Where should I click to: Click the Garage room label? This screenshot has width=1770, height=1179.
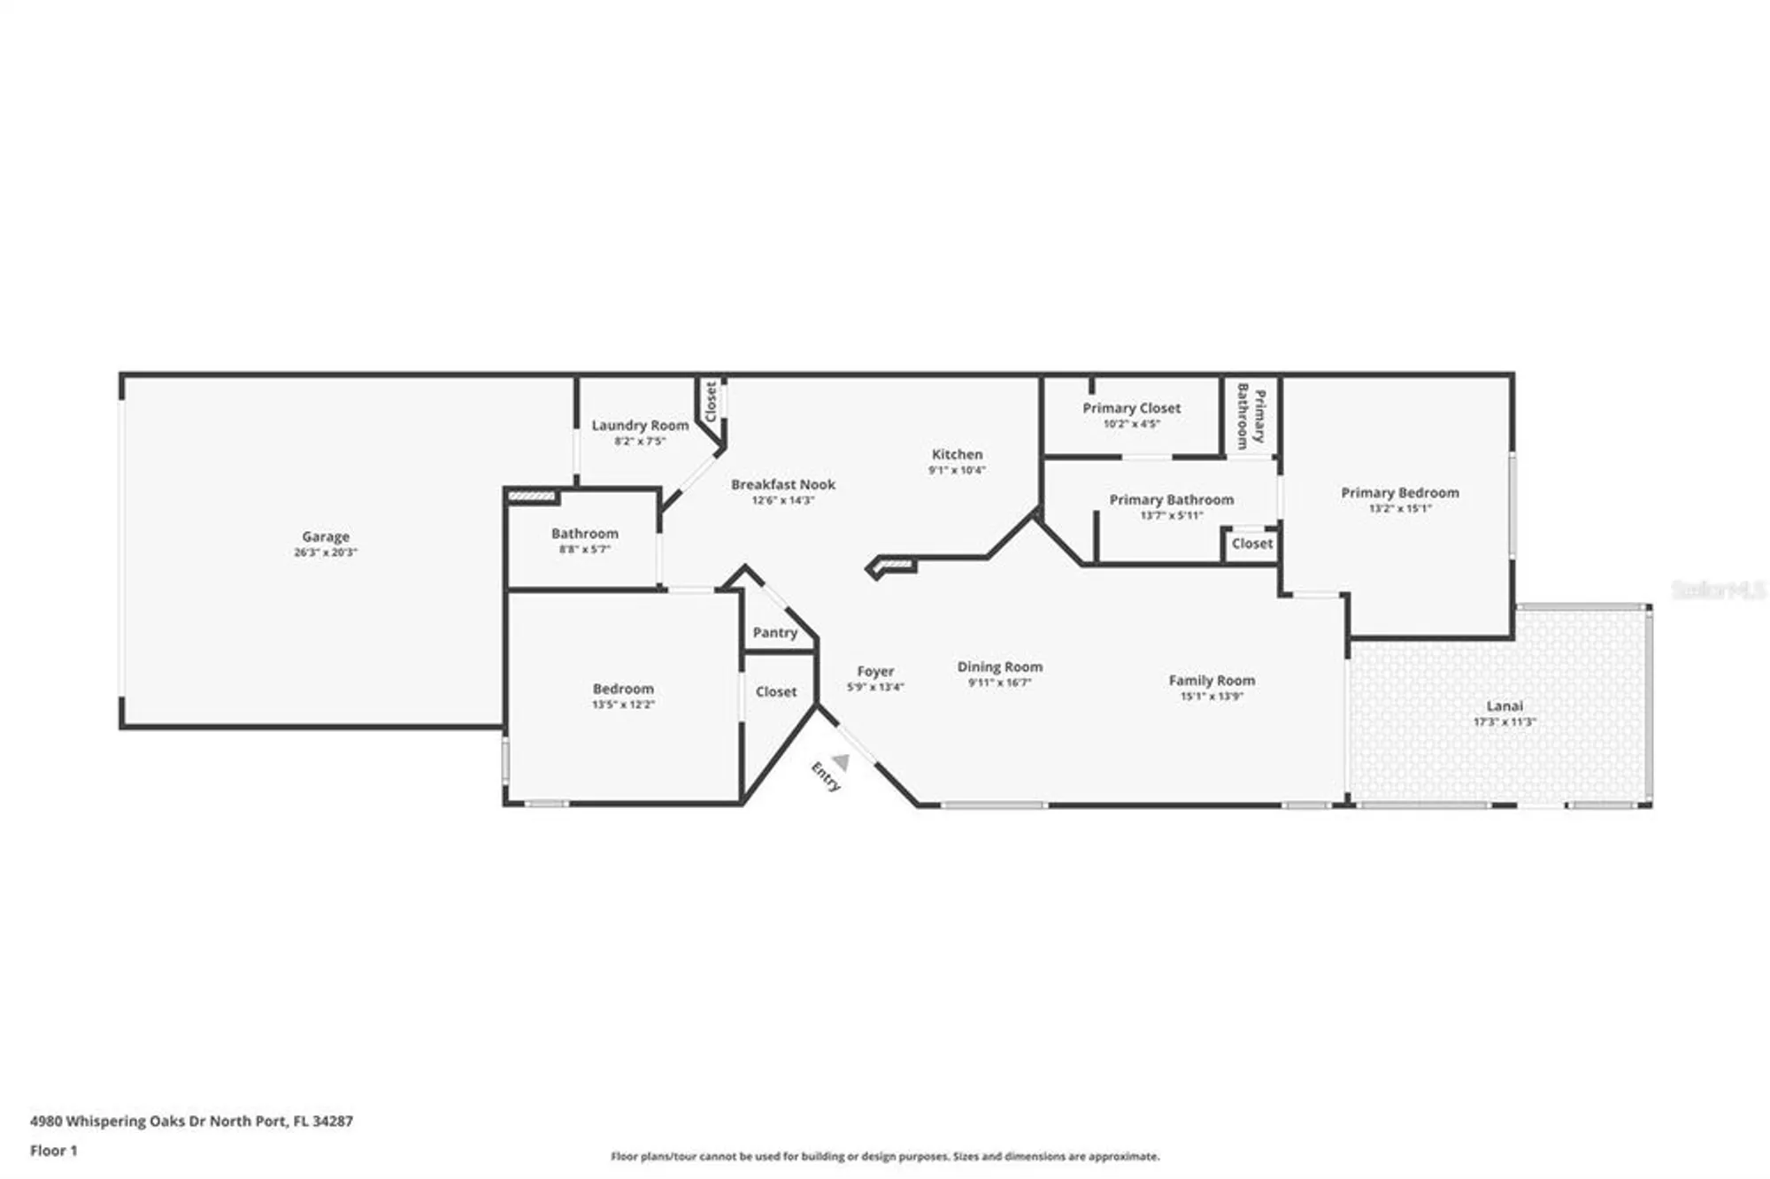coord(326,536)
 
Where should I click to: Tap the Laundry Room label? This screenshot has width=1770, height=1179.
coord(640,425)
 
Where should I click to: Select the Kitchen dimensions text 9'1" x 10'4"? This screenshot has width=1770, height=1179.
coord(956,470)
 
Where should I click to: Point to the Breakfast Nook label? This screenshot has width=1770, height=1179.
coord(782,484)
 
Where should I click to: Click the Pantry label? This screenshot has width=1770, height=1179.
coord(774,632)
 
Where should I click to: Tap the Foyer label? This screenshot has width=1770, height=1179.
coord(875,671)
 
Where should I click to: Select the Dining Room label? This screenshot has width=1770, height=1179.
coord(999,667)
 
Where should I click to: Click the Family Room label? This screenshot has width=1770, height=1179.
coord(1212,680)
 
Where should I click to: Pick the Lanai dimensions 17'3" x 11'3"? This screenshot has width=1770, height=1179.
coord(1504,721)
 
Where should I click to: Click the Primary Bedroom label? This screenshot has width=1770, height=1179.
coord(1399,492)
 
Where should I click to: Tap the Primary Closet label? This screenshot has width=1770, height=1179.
coord(1131,408)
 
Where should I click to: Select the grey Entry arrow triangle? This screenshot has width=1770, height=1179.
coord(841,761)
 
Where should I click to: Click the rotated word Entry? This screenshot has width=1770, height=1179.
coord(825,777)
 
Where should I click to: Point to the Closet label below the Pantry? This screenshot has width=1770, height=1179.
coord(775,691)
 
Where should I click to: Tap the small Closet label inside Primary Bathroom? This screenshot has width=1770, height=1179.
coord(1251,543)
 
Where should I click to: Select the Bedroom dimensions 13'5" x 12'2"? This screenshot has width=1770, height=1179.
coord(623,705)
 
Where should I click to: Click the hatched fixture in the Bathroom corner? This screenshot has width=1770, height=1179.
coord(533,497)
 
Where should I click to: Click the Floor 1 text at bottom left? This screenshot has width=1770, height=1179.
coord(53,1151)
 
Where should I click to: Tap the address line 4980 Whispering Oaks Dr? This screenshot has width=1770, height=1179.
coord(191,1121)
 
